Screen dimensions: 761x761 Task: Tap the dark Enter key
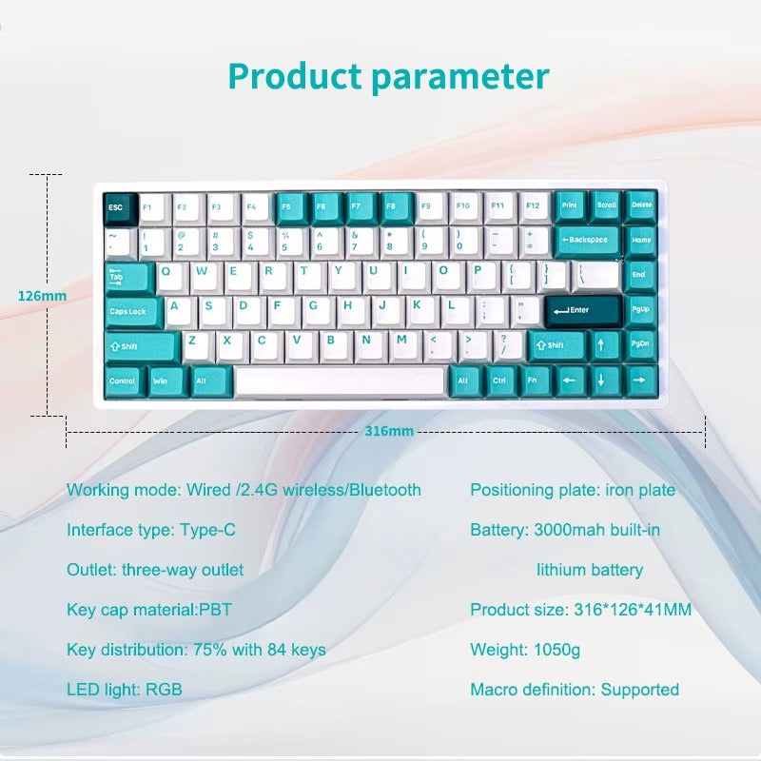[582, 310]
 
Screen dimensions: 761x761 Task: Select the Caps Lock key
[128, 311]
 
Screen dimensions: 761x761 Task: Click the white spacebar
[340, 380]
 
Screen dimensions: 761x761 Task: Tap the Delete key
[641, 205]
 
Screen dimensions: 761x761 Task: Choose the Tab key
[127, 277]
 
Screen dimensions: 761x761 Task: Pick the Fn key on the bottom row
[535, 380]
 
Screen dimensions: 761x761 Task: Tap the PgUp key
[640, 310]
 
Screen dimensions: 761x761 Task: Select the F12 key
[533, 206]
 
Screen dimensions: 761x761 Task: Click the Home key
[640, 240]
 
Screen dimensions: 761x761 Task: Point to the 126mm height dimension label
[42, 296]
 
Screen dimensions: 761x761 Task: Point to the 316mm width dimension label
[389, 431]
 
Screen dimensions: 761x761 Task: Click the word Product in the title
[294, 76]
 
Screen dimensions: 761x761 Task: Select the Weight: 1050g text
[525, 651]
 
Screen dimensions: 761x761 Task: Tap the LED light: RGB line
[124, 690]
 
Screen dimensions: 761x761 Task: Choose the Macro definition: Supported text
[575, 690]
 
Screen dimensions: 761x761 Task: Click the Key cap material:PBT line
[149, 610]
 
